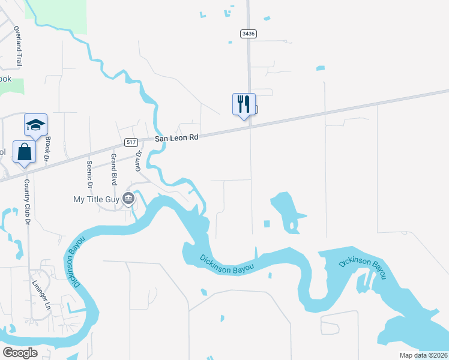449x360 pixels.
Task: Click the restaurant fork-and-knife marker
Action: (244, 104)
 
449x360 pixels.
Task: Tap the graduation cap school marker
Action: (35, 125)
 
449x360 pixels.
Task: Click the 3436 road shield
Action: (249, 34)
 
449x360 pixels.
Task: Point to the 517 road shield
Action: (132, 142)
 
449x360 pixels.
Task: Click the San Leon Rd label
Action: (176, 137)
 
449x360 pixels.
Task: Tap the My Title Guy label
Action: (95, 199)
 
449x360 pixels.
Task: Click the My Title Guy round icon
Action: (128, 199)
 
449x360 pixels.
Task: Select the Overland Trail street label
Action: (18, 46)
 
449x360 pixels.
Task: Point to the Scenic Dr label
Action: (90, 173)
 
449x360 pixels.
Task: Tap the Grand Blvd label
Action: (113, 169)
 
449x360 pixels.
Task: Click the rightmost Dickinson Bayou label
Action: (362, 268)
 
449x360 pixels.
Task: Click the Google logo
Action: (20, 352)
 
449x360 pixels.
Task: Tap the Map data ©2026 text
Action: (423, 355)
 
